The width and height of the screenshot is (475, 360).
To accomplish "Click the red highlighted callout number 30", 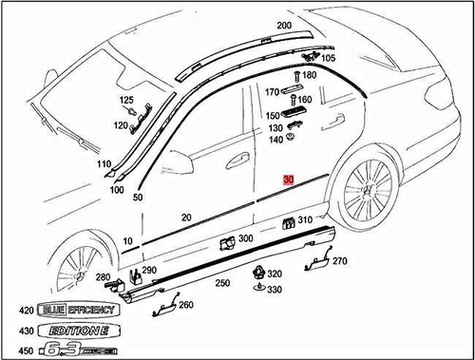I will (289, 179).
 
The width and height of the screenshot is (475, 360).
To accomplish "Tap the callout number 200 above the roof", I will (283, 26).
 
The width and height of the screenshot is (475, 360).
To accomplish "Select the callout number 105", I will (329, 58).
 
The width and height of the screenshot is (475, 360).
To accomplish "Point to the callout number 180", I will (309, 74).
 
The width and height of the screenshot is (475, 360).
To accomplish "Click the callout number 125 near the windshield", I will (127, 100).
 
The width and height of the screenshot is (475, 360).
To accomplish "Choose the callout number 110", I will (104, 164).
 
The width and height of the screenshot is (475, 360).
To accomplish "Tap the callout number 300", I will (246, 238).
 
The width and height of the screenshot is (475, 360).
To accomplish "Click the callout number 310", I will (305, 220).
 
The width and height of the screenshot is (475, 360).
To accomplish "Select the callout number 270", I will (340, 260).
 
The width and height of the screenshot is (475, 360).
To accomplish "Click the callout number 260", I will (185, 305).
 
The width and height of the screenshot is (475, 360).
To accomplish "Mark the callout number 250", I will (223, 283).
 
